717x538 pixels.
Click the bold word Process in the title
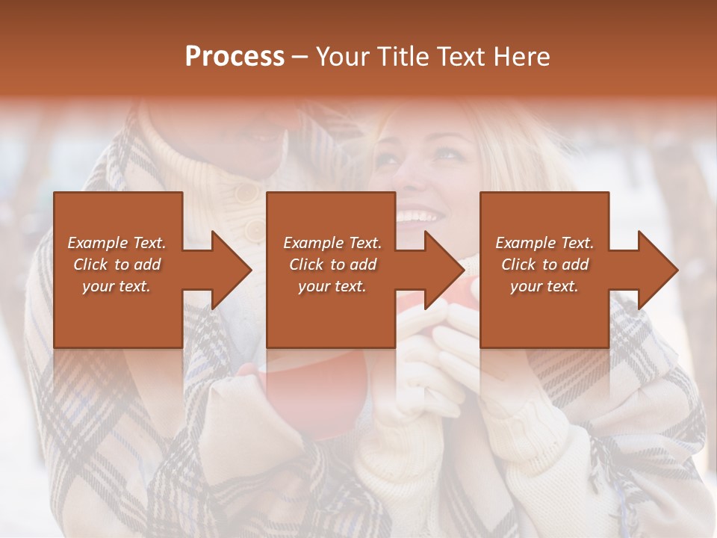click(235, 56)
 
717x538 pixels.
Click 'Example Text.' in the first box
click(117, 243)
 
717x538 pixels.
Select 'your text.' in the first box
click(117, 286)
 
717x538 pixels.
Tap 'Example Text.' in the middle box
click(332, 243)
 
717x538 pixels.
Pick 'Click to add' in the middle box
click(332, 265)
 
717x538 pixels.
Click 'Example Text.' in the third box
click(544, 243)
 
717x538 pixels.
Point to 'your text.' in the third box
click(544, 286)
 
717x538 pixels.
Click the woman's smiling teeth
click(418, 217)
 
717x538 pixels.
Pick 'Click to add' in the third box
click(544, 265)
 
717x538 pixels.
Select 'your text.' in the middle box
click(332, 286)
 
